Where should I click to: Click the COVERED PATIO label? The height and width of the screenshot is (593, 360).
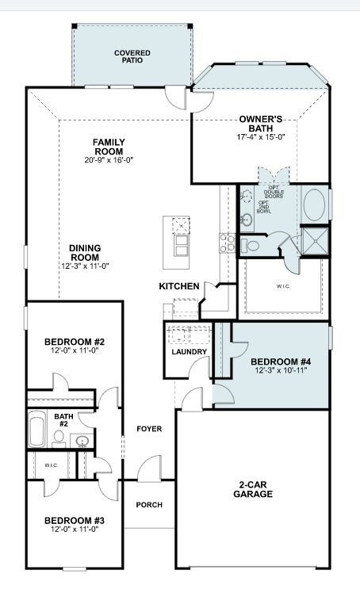[132, 57]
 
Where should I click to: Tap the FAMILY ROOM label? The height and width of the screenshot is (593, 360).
[109, 147]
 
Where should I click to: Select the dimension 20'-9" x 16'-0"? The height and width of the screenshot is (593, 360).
[109, 159]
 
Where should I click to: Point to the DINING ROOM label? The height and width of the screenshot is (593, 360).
[84, 252]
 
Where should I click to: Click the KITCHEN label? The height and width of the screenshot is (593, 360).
[178, 286]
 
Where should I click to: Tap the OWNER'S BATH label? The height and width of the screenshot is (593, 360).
[260, 124]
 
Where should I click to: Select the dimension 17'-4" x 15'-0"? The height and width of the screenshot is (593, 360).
[260, 137]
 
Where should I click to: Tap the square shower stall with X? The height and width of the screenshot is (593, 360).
[315, 241]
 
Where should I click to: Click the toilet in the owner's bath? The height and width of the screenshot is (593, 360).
[253, 246]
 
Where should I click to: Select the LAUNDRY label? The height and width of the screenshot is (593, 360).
[189, 352]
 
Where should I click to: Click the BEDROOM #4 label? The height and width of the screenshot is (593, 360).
[281, 362]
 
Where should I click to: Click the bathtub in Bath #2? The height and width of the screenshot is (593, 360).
[37, 430]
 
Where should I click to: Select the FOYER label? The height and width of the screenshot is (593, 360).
[149, 429]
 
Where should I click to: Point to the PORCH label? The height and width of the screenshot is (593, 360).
[149, 504]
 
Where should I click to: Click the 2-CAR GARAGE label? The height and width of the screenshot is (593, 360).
[253, 488]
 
